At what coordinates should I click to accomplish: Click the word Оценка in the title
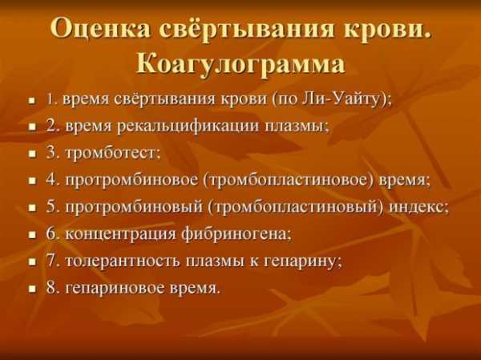pyautogui.click(x=100, y=30)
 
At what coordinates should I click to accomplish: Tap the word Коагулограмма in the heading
pyautogui.click(x=240, y=64)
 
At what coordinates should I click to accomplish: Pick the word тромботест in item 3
pyautogui.click(x=111, y=153)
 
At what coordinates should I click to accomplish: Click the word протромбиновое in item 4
pyautogui.click(x=131, y=180)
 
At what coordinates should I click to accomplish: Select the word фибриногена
pyautogui.click(x=235, y=234)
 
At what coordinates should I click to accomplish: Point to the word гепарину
pyautogui.click(x=301, y=262)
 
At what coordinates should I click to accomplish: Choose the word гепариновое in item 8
pyautogui.click(x=115, y=289)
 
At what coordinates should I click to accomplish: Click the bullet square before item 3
pyautogui.click(x=32, y=154)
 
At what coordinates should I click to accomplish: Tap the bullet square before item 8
pyautogui.click(x=32, y=289)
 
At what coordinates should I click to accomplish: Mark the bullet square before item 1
pyautogui.click(x=32, y=100)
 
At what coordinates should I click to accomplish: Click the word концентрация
pyautogui.click(x=120, y=235)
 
